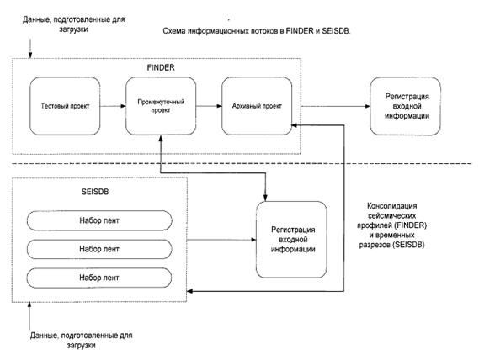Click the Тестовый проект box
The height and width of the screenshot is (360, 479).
[x=65, y=106]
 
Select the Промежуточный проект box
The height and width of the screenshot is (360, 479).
[x=161, y=106]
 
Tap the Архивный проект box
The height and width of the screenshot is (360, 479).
[x=257, y=106]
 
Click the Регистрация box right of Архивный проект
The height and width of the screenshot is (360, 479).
[x=406, y=106]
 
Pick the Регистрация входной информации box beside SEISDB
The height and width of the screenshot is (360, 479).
[x=291, y=240]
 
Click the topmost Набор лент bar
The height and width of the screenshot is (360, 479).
[x=99, y=220]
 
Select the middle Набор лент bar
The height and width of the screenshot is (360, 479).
[x=99, y=249]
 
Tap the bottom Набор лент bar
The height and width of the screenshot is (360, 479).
[x=99, y=278]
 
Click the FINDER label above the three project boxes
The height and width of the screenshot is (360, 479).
[x=161, y=67]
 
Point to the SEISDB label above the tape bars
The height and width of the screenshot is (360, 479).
[x=95, y=192]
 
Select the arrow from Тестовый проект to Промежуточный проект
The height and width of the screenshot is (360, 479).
[x=113, y=106]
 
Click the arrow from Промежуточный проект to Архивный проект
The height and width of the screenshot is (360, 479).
[x=209, y=106]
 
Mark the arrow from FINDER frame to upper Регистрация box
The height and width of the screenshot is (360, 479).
[x=335, y=106]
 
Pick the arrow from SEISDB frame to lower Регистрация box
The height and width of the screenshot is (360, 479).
[x=221, y=240]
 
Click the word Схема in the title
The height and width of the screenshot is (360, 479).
[x=173, y=31]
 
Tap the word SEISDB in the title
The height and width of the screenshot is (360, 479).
[x=336, y=31]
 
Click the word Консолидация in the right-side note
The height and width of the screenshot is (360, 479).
[x=392, y=206]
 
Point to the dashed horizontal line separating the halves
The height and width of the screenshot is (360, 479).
[x=242, y=164]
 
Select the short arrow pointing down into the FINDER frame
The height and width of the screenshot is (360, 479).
[x=30, y=48]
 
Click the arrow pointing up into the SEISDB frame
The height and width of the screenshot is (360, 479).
[x=29, y=315]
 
